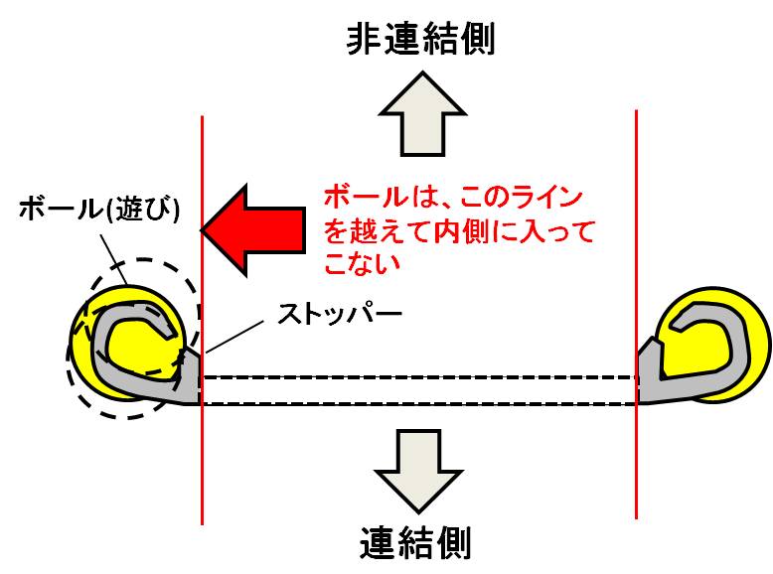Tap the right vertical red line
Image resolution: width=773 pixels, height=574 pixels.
click(636, 199)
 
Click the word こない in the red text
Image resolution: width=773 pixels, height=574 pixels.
click(361, 264)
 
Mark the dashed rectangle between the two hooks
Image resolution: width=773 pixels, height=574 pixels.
click(417, 390)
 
